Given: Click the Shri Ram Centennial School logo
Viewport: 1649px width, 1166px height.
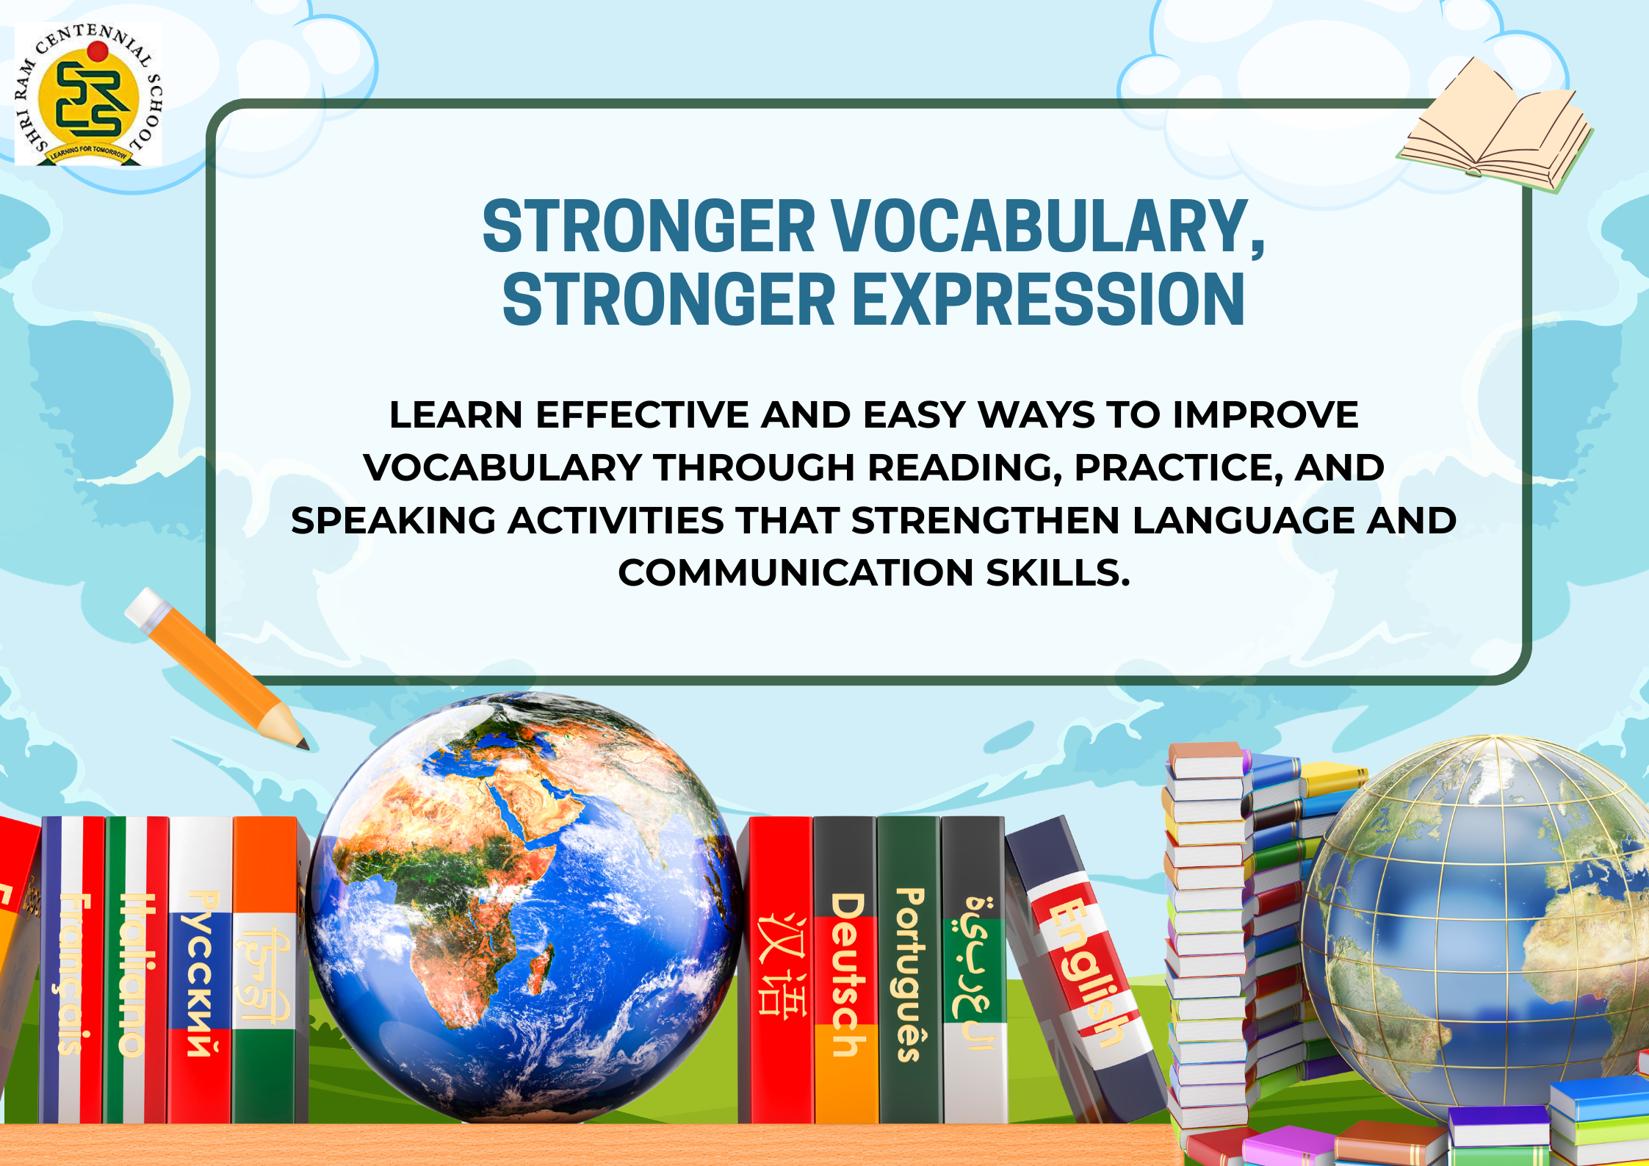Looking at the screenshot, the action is tap(89, 94).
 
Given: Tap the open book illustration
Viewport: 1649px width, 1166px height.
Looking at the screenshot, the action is tap(1495, 129).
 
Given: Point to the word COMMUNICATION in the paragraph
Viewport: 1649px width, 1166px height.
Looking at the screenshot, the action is tap(795, 573).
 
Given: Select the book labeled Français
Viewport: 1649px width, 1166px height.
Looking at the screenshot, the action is tap(73, 969).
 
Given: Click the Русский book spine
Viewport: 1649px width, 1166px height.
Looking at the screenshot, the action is tap(201, 969).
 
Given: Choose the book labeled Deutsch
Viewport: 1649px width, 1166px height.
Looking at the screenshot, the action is tap(845, 969).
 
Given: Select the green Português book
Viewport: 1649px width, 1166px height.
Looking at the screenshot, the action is tap(909, 969).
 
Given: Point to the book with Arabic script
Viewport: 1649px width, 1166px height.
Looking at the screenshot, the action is tap(974, 969).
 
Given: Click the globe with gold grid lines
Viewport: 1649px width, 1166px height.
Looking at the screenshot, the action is tap(1476, 926).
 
